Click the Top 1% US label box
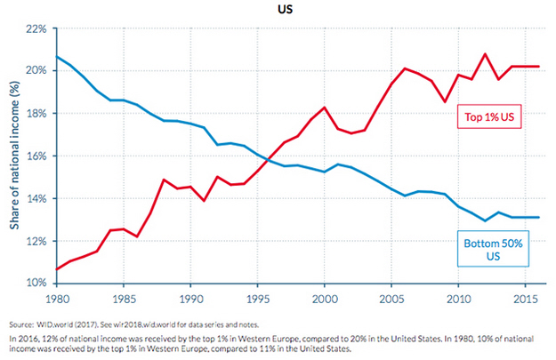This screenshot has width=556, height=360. [x=489, y=116]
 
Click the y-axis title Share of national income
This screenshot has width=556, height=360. [x=16, y=156]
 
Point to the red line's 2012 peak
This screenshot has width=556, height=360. [x=484, y=54]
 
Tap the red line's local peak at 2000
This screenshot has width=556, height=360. [x=324, y=108]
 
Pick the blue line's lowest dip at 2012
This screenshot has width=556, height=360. [x=484, y=220]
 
